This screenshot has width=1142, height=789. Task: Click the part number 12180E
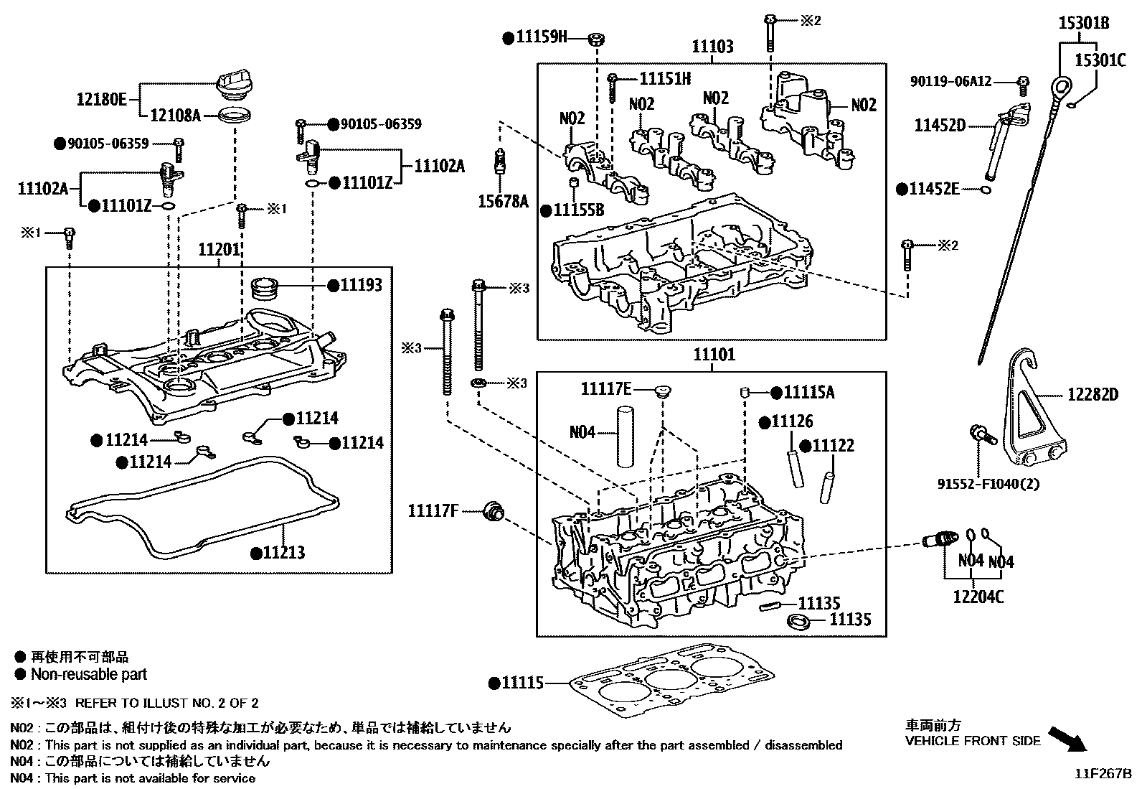coord(101,99)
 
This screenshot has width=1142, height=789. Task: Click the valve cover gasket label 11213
coord(283,553)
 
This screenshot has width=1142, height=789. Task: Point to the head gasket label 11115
coord(522,683)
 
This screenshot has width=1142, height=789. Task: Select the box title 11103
coord(712,47)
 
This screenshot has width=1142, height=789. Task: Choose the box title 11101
coord(714,355)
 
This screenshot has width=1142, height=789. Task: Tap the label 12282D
coord(1093,394)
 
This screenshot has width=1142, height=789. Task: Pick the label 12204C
coord(978,596)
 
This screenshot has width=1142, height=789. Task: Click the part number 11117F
coord(433,511)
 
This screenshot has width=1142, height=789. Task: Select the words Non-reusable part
coord(88,674)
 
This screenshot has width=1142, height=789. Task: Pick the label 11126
coord(792,421)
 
